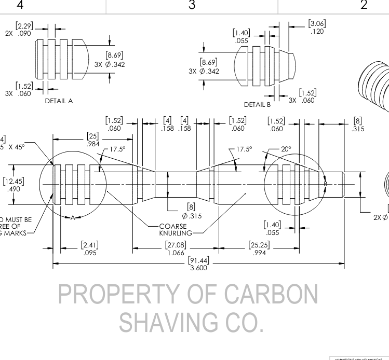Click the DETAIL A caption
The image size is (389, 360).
(59, 101)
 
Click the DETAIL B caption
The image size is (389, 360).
(258, 104)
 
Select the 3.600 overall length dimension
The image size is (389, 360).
(198, 268)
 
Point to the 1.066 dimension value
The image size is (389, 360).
(175, 253)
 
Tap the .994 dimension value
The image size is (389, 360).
(259, 253)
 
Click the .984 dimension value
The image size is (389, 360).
(93, 144)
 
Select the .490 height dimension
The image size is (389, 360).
(14, 189)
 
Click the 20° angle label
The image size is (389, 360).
(287, 149)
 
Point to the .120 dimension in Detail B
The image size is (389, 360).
(317, 31)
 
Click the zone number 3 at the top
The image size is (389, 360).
(192, 6)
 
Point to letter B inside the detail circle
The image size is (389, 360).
(325, 184)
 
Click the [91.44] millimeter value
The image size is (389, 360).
(198, 260)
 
